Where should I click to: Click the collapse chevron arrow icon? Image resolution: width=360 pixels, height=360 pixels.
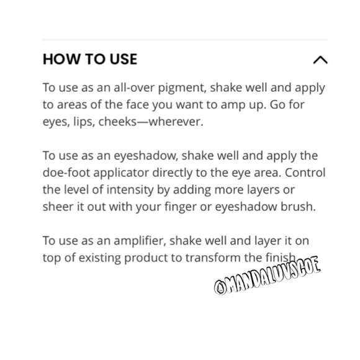tap(320, 60)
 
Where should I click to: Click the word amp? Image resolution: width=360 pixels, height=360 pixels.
tap(231, 106)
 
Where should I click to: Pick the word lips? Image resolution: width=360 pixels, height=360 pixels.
tap(84, 122)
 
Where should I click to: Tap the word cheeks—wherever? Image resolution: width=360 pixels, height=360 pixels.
tap(151, 122)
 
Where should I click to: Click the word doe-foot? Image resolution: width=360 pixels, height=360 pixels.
tap(66, 173)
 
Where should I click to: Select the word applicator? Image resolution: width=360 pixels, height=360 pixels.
tap(121, 173)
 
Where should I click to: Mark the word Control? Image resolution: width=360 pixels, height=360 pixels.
tap(305, 173)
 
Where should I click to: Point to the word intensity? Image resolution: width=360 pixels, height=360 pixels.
tap(130, 191)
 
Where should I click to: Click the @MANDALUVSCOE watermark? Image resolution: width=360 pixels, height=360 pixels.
tap(268, 275)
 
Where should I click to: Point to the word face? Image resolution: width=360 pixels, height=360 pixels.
tap(138, 105)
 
